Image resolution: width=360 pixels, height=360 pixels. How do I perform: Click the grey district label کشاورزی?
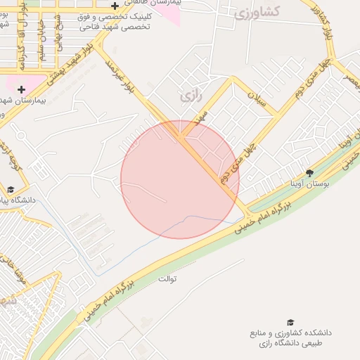[x=259, y=11]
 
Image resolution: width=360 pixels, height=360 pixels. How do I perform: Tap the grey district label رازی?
[x=186, y=95]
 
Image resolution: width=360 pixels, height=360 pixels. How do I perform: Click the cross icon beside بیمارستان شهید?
[x=22, y=89]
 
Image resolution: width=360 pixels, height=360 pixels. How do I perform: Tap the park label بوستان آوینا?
[x=310, y=184]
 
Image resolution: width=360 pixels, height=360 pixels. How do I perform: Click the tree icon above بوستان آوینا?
[x=309, y=173]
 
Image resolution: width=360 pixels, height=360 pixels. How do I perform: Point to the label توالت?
[x=167, y=278]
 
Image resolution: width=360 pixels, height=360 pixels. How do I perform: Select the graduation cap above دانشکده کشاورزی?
[x=290, y=322]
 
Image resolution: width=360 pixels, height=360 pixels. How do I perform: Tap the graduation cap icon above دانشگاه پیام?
[x=10, y=190]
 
